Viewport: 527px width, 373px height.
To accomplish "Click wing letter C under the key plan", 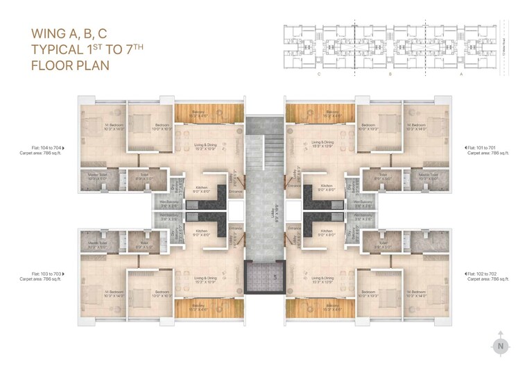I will point(318,72).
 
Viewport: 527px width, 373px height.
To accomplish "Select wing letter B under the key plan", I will point(390,72).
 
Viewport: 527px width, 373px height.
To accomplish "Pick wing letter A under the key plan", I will point(462,72).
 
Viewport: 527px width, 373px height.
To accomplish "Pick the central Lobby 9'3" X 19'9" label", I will point(264,206).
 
